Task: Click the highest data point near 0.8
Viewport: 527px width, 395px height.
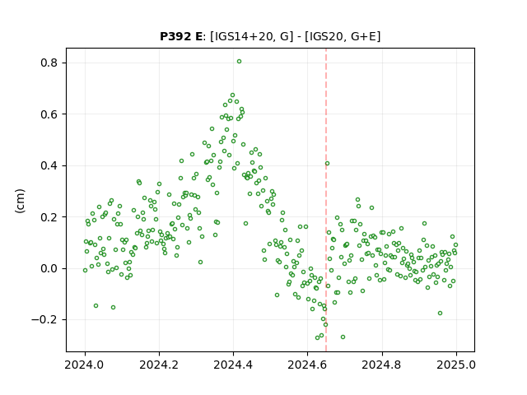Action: coord(239,62)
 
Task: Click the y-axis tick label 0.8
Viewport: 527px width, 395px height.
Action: coord(49,63)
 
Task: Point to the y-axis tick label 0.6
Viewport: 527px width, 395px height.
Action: coord(49,114)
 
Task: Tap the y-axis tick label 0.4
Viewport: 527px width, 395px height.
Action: coord(49,166)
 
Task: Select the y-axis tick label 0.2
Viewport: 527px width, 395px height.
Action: coord(49,217)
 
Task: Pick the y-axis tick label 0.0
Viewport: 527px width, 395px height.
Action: coord(49,269)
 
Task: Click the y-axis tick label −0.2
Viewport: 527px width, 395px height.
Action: coord(44,320)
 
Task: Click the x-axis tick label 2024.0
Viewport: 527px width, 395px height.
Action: coord(85,365)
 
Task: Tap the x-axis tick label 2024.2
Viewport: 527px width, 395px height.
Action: coord(159,365)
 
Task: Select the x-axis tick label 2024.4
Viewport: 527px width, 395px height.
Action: coord(233,365)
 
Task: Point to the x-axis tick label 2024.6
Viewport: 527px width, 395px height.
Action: coord(307,365)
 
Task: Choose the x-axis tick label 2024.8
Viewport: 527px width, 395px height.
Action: coord(382,365)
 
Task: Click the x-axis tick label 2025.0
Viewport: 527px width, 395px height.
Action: coord(456,365)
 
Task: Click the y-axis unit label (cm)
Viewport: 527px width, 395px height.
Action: coord(20,201)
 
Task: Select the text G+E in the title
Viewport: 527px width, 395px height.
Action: coord(363,36)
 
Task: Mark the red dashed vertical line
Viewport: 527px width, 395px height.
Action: coord(326,200)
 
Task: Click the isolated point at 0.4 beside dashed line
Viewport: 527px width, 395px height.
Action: coord(327,164)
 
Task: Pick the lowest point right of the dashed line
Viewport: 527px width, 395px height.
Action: coord(343,337)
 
